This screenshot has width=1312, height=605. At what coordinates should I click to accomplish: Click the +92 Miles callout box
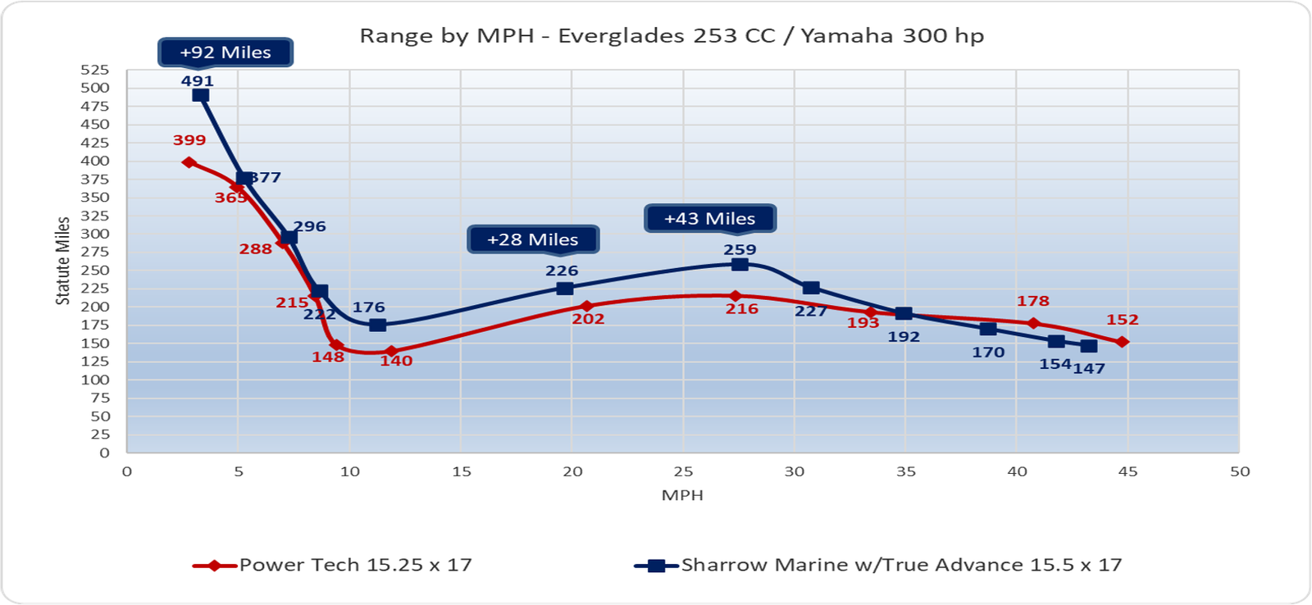pyautogui.click(x=225, y=52)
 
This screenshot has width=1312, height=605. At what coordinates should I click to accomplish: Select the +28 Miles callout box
pyautogui.click(x=533, y=239)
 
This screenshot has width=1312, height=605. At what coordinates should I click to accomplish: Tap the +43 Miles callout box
pyautogui.click(x=709, y=219)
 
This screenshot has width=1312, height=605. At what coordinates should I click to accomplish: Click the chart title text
pyautogui.click(x=672, y=36)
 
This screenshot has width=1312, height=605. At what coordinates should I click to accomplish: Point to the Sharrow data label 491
pyautogui.click(x=198, y=81)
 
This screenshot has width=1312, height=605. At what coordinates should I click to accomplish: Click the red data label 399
pyautogui.click(x=189, y=140)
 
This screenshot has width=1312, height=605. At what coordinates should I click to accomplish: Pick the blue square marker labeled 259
pyautogui.click(x=740, y=264)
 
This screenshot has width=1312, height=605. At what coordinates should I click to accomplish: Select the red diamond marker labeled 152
pyautogui.click(x=1123, y=342)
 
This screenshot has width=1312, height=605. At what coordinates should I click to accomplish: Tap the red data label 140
pyautogui.click(x=396, y=361)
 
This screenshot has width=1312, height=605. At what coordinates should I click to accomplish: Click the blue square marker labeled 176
pyautogui.click(x=377, y=325)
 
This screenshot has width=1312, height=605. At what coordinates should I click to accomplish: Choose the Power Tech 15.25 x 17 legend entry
pyautogui.click(x=332, y=565)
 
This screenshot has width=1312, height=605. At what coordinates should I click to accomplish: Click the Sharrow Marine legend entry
pyautogui.click(x=877, y=565)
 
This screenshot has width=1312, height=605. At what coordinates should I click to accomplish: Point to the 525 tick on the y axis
pyautogui.click(x=94, y=70)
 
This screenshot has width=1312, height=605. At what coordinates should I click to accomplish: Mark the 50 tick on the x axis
pyautogui.click(x=1240, y=471)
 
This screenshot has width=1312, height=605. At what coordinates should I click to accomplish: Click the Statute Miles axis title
pyautogui.click(x=63, y=261)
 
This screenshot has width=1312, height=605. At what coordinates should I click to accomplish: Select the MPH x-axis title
pyautogui.click(x=682, y=495)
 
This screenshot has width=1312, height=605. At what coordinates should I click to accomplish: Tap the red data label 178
pyautogui.click(x=1033, y=301)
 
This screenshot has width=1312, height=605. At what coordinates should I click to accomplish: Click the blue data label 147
pyautogui.click(x=1089, y=369)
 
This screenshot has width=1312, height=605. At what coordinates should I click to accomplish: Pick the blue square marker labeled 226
pyautogui.click(x=564, y=288)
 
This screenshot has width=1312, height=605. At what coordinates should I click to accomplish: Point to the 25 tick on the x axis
pyautogui.click(x=683, y=471)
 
